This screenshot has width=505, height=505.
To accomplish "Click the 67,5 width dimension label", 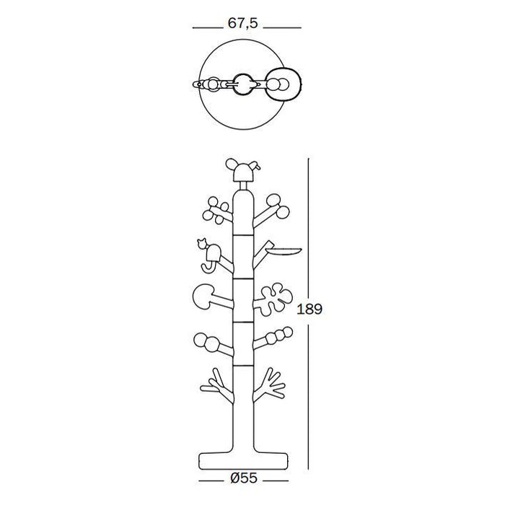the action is pos(243,23).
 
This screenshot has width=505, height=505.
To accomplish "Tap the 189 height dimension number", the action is pos(309,309).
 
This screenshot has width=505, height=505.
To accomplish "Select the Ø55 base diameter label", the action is pos(244,478).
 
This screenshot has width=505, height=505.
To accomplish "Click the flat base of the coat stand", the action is pos(244,461).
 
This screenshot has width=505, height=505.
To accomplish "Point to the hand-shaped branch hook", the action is pos(270,384).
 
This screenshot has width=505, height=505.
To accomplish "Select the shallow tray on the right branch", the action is pos(284,251).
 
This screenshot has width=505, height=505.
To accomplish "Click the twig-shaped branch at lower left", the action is pos(216,385).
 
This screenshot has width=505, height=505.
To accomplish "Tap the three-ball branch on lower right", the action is pos(273,338).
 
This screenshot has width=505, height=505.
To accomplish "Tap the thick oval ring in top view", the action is pos(284,84).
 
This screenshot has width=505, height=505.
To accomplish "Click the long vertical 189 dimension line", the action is pos(308,314).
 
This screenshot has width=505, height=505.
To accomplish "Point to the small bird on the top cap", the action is pos(256,165).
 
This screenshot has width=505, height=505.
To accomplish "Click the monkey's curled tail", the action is pos(207,267).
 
